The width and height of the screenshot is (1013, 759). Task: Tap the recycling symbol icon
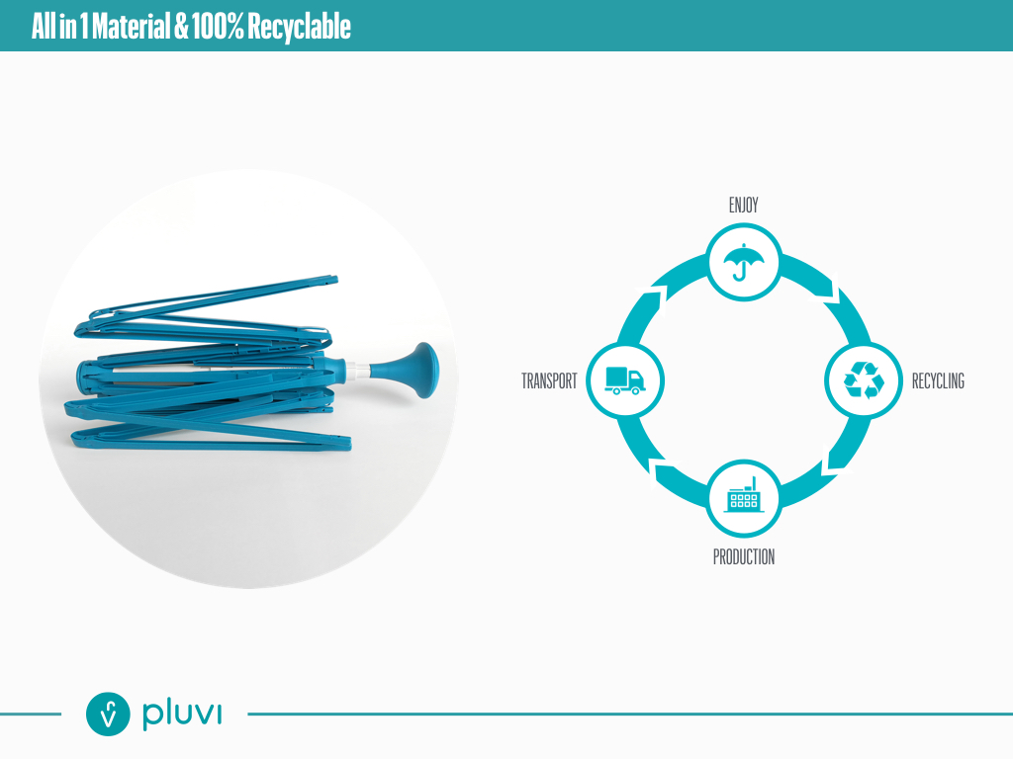[x=863, y=380]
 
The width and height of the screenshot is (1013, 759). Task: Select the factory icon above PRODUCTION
[x=744, y=497]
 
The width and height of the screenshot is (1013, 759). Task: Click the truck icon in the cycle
[x=623, y=380]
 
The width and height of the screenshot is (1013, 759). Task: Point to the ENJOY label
[x=743, y=206]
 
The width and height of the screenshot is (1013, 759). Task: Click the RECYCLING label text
[x=937, y=381]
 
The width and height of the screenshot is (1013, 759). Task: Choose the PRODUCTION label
[x=744, y=557]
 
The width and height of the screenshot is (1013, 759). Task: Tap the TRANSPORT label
[x=549, y=381]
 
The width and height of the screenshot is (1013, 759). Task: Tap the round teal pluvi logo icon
[x=109, y=714]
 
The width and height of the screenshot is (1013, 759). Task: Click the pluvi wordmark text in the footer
[x=181, y=714]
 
